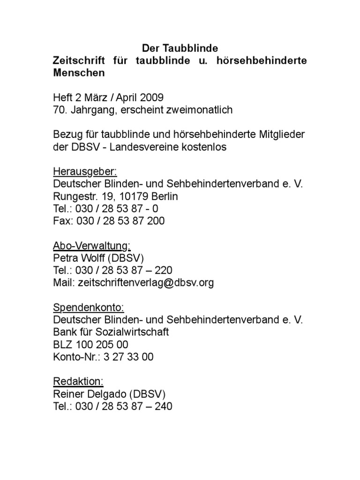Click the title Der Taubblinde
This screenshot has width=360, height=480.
[180, 49]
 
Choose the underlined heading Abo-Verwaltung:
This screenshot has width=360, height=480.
[91, 245]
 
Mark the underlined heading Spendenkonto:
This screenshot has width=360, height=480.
[88, 307]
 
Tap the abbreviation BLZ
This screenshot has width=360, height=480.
[63, 345]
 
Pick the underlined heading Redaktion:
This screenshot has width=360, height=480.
[78, 382]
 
